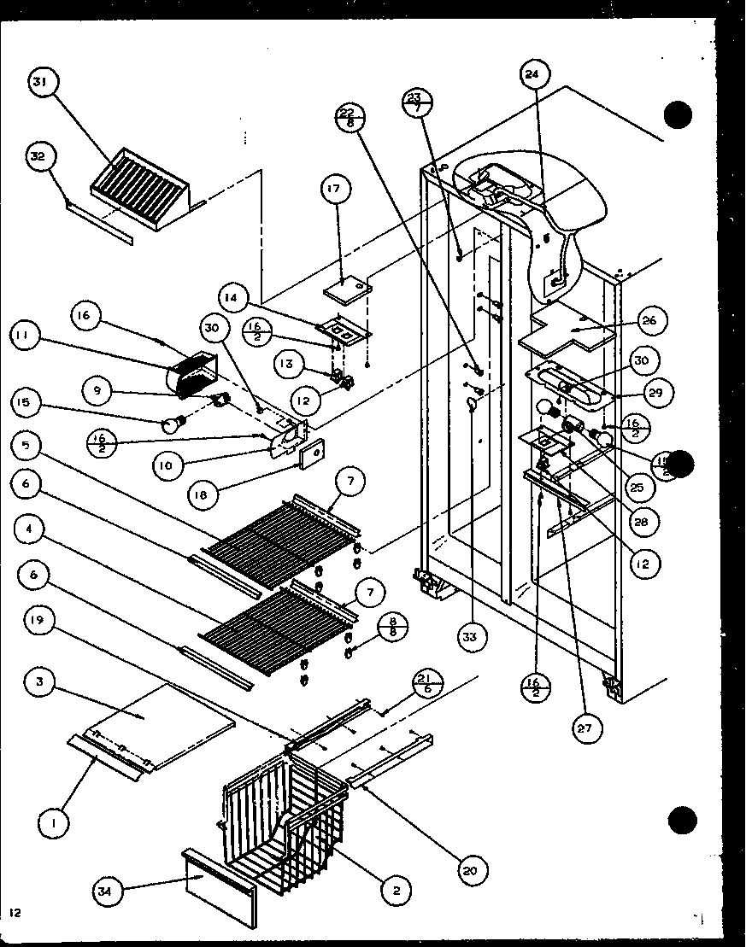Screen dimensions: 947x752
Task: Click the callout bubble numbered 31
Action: tap(40, 83)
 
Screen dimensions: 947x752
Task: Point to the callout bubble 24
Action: tap(532, 75)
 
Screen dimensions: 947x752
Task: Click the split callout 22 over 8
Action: tap(350, 117)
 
